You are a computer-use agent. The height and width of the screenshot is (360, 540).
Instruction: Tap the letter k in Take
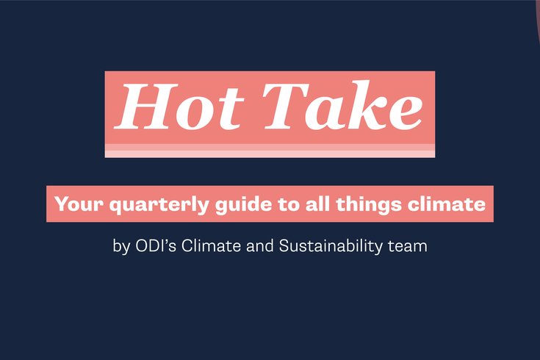coord(364,107)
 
